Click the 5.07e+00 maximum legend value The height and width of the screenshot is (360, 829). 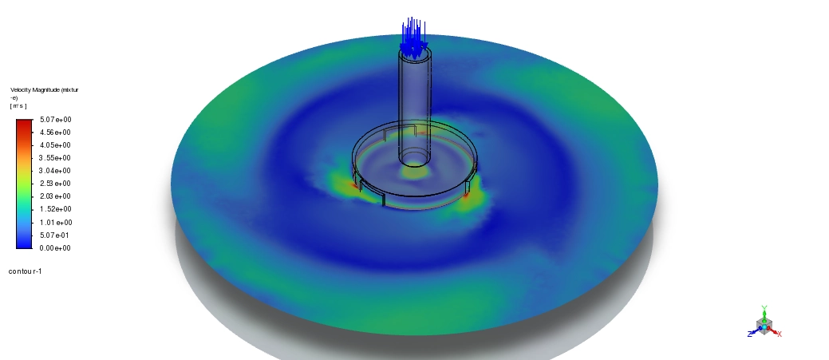point(56,120)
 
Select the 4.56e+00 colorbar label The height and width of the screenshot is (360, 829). point(56,133)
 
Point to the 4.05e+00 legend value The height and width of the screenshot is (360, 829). point(56,145)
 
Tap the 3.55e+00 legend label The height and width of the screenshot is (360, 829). point(56,158)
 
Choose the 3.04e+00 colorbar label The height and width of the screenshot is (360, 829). point(56,171)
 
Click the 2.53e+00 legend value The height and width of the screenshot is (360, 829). point(56,184)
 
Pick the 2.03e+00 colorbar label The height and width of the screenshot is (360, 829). point(56,196)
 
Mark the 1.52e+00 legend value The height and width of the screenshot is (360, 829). point(56,209)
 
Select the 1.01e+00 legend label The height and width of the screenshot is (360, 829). point(56,223)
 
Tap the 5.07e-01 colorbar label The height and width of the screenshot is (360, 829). point(54,235)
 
